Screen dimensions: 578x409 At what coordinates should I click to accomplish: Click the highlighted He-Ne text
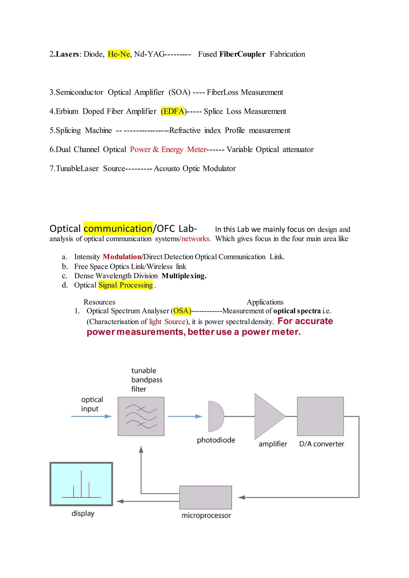click(119, 54)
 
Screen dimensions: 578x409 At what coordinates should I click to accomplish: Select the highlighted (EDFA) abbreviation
click(173, 111)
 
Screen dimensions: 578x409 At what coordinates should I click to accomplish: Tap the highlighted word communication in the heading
click(118, 228)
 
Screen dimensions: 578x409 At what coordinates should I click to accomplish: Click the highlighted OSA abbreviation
click(182, 311)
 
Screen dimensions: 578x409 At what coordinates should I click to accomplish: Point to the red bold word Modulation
click(122, 257)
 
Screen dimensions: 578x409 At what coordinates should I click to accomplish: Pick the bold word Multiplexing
click(184, 276)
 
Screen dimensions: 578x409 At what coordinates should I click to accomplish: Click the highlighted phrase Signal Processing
click(125, 285)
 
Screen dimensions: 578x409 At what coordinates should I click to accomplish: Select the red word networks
click(196, 239)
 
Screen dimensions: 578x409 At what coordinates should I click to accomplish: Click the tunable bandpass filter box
click(141, 416)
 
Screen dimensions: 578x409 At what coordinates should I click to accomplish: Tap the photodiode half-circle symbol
click(215, 416)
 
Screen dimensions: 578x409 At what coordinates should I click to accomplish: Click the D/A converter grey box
click(320, 416)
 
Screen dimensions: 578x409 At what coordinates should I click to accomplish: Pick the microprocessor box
click(205, 497)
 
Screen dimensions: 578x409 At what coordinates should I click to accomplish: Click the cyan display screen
click(81, 484)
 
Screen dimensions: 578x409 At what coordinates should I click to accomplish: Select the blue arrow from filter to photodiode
click(185, 416)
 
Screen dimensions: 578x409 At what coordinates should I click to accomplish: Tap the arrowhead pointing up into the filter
click(141, 449)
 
